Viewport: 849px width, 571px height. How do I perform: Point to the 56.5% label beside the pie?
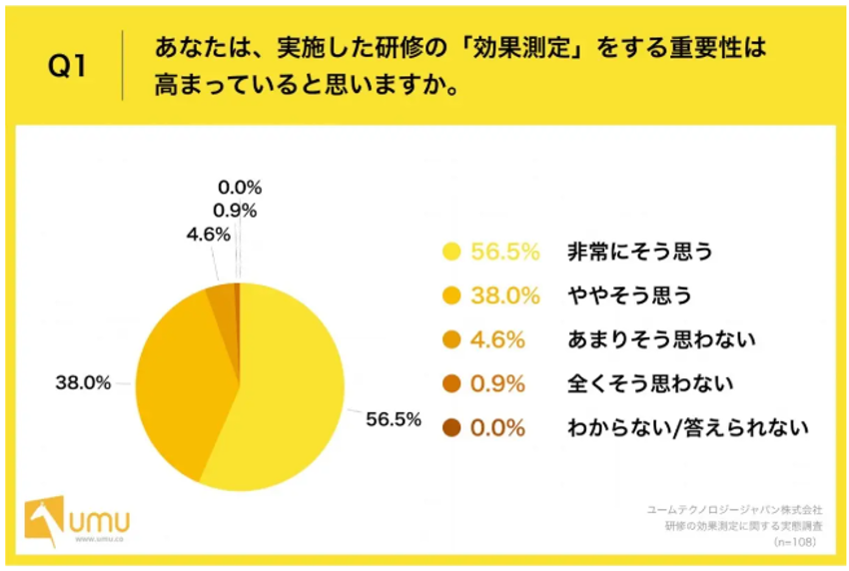coord(393,419)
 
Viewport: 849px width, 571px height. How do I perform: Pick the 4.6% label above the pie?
coord(208,235)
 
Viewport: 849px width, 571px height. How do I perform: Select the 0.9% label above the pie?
coord(235,211)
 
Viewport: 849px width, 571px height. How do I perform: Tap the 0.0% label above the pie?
coord(239,187)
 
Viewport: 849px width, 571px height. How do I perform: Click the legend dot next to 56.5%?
coord(451,252)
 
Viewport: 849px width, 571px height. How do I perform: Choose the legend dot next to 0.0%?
coord(451,428)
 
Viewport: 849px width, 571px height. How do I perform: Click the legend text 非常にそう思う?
coord(640,252)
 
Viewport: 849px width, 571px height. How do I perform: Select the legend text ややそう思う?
coord(629,295)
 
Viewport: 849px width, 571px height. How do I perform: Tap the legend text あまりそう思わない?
coord(661,339)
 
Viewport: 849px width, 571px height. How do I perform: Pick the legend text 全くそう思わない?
coord(650,383)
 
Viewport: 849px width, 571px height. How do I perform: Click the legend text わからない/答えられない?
coord(687,428)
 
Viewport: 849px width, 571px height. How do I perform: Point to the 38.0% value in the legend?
coord(505,295)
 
